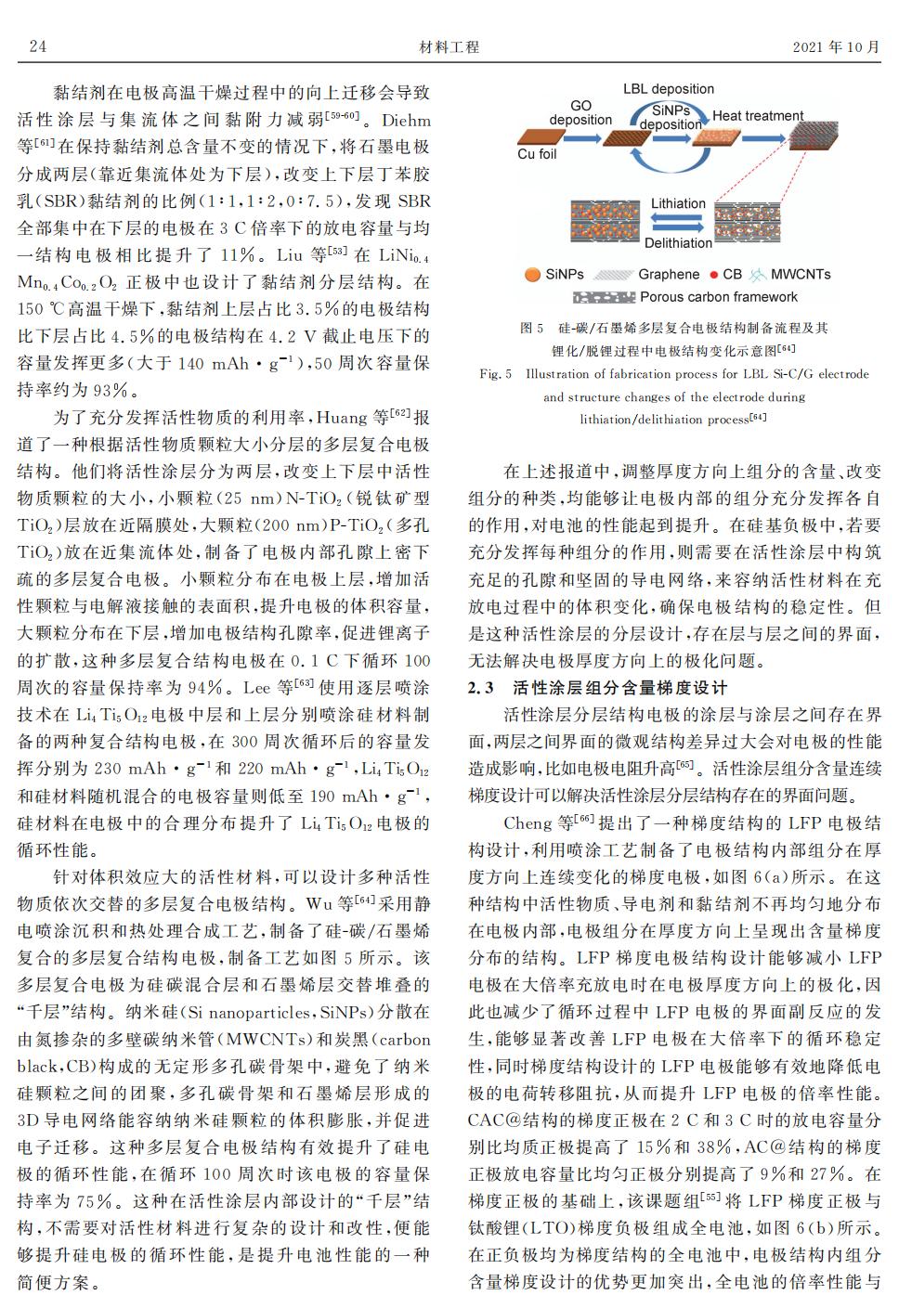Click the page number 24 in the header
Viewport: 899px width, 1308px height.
[37, 46]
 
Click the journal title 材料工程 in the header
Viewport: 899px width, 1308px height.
[449, 46]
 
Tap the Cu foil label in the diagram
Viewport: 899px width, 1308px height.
[538, 154]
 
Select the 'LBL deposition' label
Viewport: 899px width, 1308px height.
[668, 89]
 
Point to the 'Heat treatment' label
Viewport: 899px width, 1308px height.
[757, 116]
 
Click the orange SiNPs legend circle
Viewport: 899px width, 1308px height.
[532, 275]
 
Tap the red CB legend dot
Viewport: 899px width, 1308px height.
[713, 275]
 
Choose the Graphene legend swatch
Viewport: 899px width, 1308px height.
[614, 275]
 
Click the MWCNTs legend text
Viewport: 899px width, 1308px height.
[801, 275]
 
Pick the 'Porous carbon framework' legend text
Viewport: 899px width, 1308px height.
[719, 297]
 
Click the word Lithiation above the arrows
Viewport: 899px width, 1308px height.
[678, 203]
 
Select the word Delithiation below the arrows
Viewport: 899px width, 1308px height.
[678, 243]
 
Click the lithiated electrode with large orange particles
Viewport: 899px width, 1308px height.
[606, 223]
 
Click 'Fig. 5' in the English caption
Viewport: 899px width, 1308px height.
[496, 374]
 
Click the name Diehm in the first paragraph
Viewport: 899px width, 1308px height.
[406, 120]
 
